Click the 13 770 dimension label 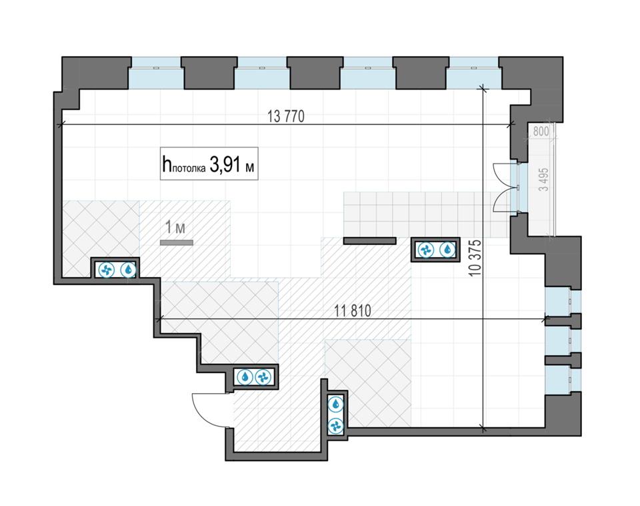click(286, 116)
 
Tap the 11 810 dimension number click(353, 311)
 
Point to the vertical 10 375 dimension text click(475, 258)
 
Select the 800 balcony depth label click(541, 132)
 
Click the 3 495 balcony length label click(544, 180)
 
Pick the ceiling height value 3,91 click(225, 164)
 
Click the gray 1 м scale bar click(176, 243)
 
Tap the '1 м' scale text click(175, 227)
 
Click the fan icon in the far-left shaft click(106, 270)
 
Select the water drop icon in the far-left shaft click(129, 270)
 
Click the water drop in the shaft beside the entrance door click(245, 377)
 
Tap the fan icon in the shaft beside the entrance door click(263, 377)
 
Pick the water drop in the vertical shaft click(336, 405)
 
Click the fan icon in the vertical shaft click(336, 426)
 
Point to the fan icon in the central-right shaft click(426, 249)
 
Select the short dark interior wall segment click(370, 241)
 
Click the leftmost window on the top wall click(156, 73)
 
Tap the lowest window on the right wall click(563, 380)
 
